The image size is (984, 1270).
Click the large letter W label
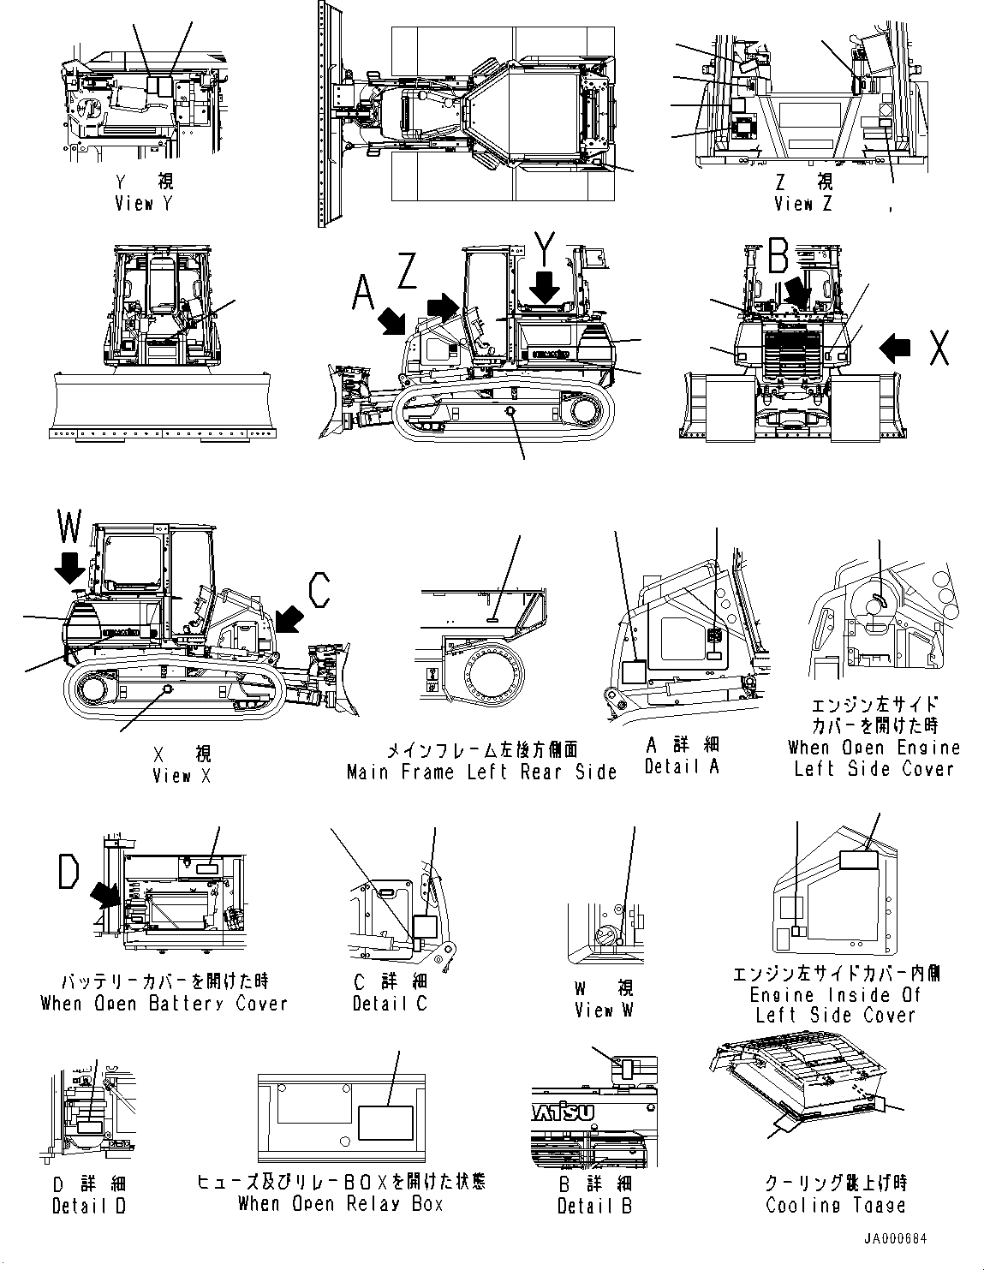(69, 527)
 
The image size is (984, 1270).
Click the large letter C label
(319, 590)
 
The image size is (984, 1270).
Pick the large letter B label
(778, 254)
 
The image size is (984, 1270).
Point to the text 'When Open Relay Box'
(340, 1204)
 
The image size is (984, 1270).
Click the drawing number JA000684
(894, 1239)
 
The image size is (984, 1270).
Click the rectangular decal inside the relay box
(385, 1122)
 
